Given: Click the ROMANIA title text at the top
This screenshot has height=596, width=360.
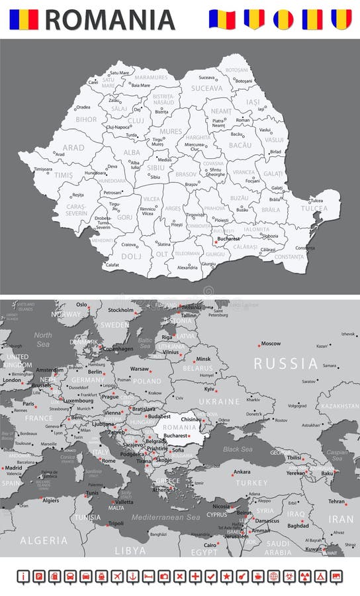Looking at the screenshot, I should click(110, 19).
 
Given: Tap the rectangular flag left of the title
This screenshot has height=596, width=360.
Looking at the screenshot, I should click(23, 19).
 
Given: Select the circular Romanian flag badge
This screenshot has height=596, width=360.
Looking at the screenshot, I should click(283, 19).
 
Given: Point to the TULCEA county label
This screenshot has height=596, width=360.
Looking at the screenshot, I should click(314, 208).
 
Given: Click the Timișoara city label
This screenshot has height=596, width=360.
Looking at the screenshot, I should click(43, 169).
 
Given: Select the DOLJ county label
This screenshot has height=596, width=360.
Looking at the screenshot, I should click(131, 256).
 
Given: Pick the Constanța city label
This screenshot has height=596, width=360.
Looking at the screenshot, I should click(304, 248).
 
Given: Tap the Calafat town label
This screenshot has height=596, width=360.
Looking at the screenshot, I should click(113, 265).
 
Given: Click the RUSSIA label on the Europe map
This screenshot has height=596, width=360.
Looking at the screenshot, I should click(286, 364).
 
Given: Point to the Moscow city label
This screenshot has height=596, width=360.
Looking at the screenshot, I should click(271, 344).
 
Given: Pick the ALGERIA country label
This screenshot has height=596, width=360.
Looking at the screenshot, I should click(44, 540).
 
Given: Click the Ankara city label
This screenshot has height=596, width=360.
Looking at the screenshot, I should click(242, 472).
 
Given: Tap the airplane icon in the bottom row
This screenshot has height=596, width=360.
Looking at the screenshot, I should click(117, 576).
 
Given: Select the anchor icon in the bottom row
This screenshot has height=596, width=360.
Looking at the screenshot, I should click(132, 576).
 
